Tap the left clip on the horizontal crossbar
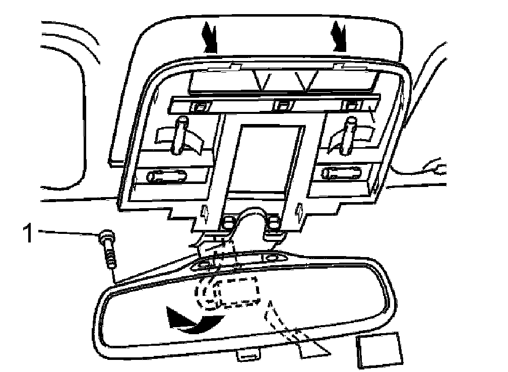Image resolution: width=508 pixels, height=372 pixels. point(201,106)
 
